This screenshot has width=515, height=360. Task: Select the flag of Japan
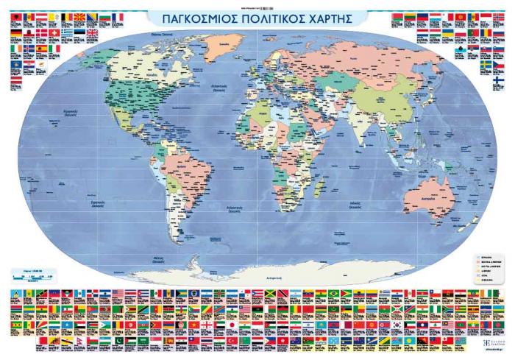(x=231, y=325)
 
